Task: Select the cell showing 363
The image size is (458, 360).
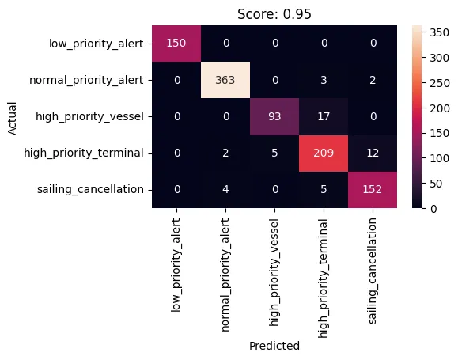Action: [227, 79]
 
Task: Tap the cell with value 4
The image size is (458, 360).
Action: [227, 189]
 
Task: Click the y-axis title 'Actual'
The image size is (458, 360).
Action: [12, 116]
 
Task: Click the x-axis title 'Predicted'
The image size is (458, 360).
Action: [273, 346]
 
